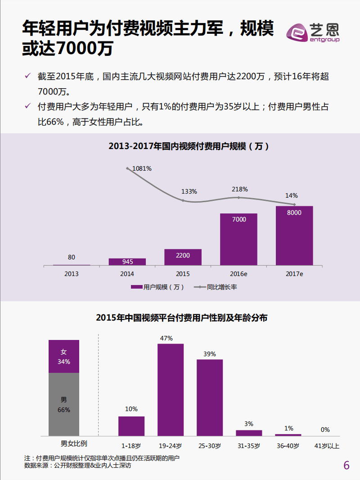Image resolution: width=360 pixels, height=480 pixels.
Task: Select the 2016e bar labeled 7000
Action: [x=238, y=239]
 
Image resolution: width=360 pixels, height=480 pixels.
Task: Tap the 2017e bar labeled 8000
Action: [x=294, y=235]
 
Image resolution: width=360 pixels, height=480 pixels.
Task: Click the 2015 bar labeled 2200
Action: [x=183, y=257]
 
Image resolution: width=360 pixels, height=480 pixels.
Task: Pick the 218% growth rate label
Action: [x=239, y=190]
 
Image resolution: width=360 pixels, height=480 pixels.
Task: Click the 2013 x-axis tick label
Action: [x=72, y=273]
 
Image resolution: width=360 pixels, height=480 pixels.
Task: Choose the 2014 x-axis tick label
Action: [x=127, y=273]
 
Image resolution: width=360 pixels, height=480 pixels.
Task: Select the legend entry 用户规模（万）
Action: [x=158, y=287]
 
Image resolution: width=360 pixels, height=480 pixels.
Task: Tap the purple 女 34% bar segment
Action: [x=64, y=356]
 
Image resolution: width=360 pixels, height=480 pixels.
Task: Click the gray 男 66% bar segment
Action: [x=64, y=404]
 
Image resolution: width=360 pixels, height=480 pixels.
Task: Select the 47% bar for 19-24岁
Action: [x=170, y=389]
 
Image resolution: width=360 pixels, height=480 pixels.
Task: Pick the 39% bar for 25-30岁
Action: [x=210, y=397]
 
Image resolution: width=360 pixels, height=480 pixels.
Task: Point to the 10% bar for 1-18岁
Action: [x=131, y=426]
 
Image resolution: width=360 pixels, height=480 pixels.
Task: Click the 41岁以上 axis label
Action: [x=327, y=446]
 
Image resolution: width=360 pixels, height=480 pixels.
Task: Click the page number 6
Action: [x=346, y=465]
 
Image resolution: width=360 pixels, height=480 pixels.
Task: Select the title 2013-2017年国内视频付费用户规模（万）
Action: [x=189, y=146]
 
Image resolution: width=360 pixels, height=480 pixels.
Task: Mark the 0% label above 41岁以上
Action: [x=325, y=430]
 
